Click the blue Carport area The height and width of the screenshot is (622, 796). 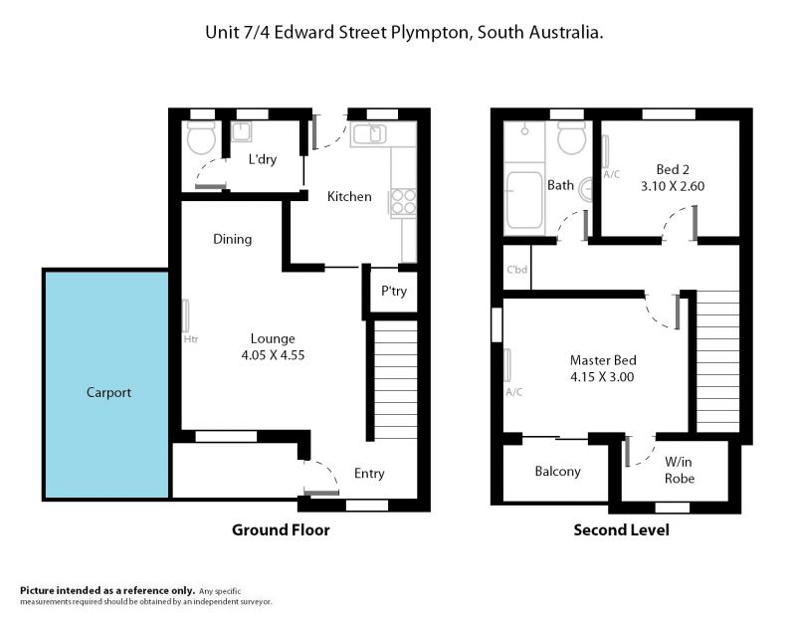(107, 384)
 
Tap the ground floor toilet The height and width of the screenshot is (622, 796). (201, 137)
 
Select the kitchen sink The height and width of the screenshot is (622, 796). (369, 134)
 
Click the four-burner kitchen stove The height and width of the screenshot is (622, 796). (404, 202)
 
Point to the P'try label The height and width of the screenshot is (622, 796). (394, 291)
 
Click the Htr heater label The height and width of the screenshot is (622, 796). (191, 338)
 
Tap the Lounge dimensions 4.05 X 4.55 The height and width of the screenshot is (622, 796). (273, 355)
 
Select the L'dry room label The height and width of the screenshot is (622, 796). (263, 159)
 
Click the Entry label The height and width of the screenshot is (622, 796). (369, 474)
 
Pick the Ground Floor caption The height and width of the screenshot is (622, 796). (281, 530)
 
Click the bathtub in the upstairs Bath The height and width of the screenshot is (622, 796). (524, 200)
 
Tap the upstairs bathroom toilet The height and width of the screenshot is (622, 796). (571, 137)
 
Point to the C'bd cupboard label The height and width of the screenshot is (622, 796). (516, 270)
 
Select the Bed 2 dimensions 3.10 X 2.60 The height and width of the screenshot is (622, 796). (673, 186)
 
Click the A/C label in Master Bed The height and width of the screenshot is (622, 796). (514, 392)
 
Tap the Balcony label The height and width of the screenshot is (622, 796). (557, 471)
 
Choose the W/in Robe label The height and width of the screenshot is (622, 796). (680, 470)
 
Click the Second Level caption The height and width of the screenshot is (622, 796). (621, 530)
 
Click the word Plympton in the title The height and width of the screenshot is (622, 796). (429, 33)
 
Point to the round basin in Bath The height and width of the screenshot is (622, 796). (586, 189)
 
